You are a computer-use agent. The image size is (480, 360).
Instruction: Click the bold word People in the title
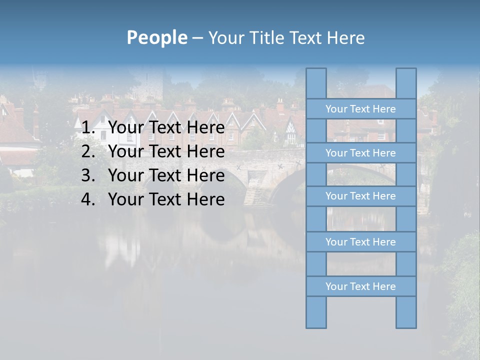[156, 38]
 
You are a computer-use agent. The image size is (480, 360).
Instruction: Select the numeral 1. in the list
[88, 128]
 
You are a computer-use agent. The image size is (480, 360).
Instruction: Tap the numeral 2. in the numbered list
[88, 151]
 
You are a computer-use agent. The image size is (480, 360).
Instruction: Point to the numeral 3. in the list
[88, 175]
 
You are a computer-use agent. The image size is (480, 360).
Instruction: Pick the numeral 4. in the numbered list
[88, 199]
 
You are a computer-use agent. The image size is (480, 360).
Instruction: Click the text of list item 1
[166, 128]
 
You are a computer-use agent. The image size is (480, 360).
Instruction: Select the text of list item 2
[166, 151]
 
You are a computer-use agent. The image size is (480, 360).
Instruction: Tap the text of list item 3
[166, 175]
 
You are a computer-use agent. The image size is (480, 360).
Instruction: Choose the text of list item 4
[166, 199]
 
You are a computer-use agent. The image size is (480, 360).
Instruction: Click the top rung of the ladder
[360, 109]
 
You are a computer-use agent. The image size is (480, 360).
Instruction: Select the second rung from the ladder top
[360, 153]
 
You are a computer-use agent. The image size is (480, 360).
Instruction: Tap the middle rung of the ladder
[360, 196]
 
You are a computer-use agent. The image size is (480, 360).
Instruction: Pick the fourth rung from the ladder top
[360, 242]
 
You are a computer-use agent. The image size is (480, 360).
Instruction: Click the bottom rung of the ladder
[360, 286]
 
